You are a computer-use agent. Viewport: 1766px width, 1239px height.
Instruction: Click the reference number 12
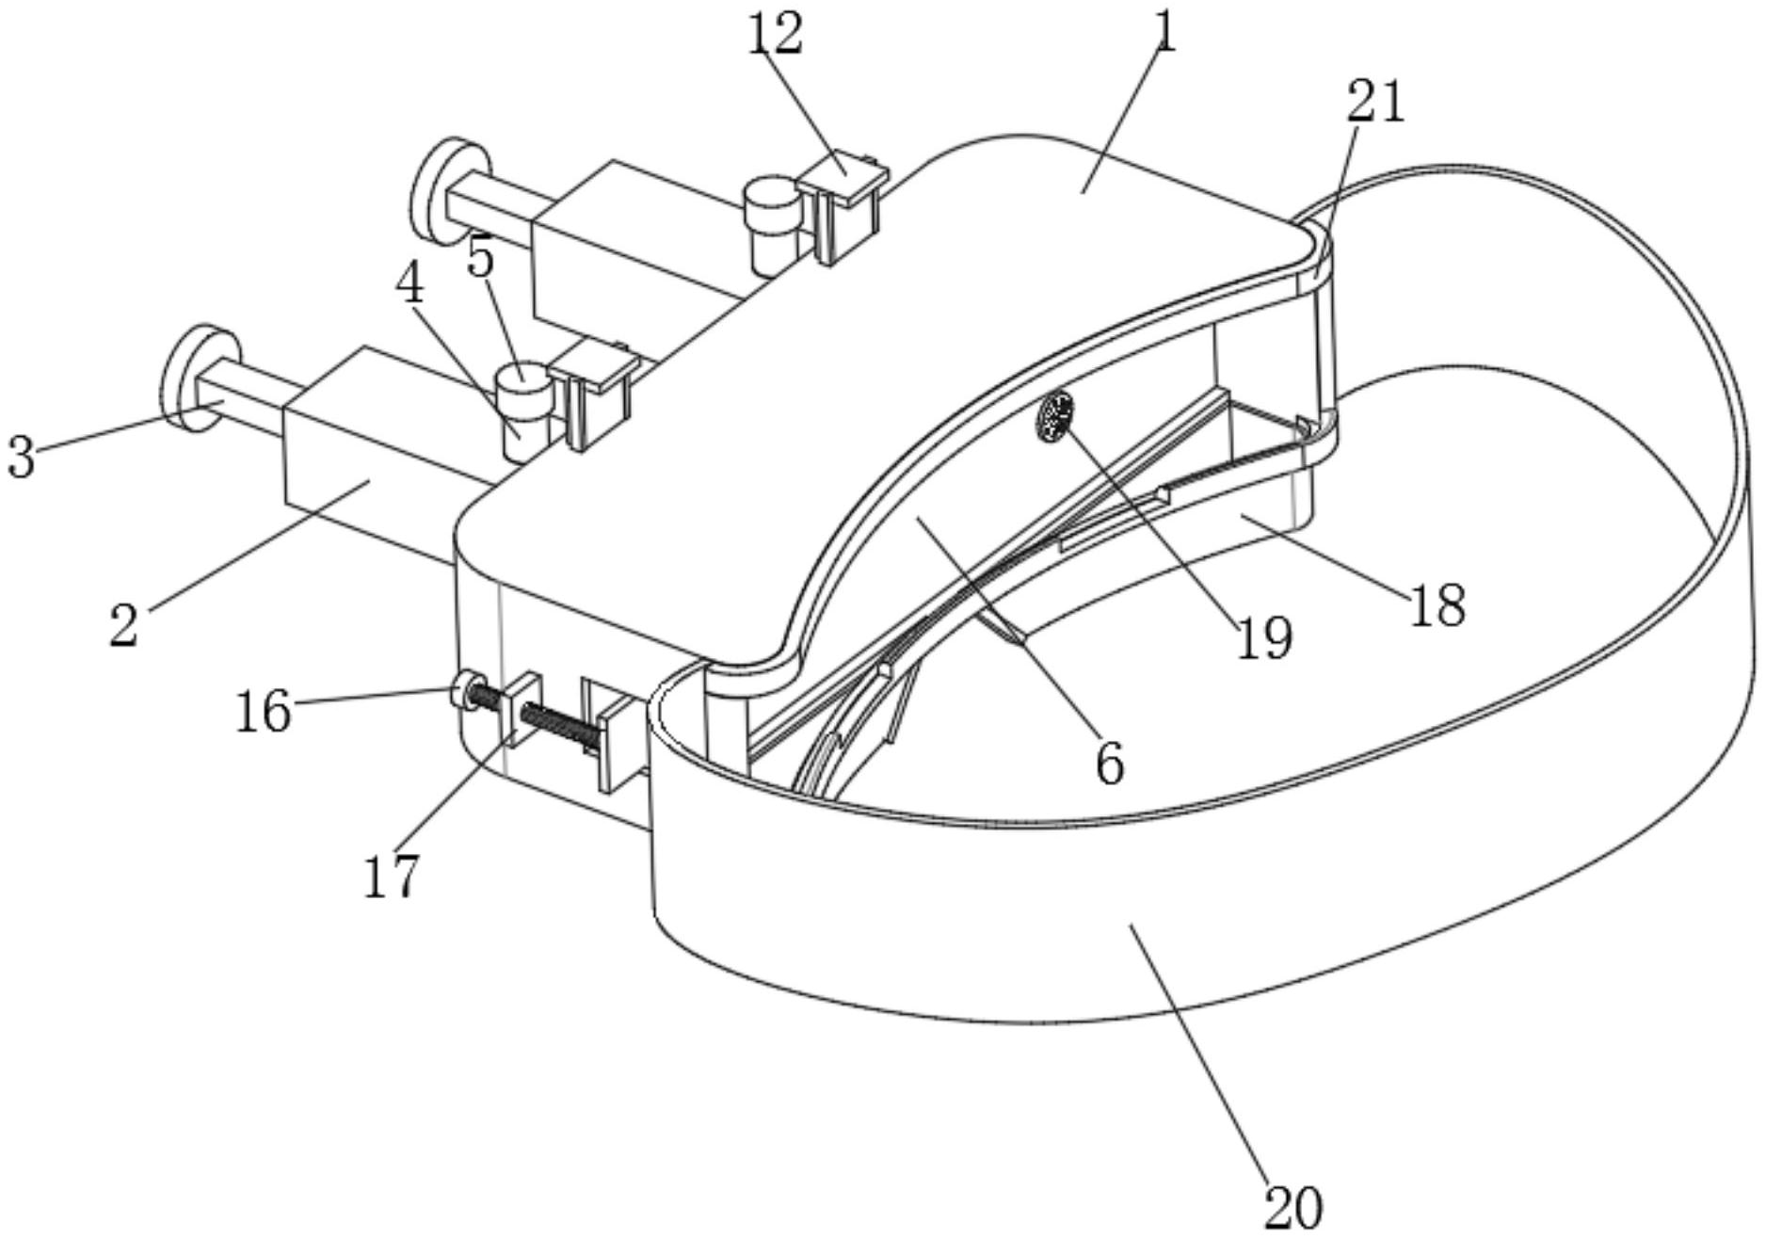click(x=776, y=35)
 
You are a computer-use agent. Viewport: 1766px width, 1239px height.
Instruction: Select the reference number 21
click(x=1375, y=102)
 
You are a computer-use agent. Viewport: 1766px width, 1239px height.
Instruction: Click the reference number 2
click(x=124, y=624)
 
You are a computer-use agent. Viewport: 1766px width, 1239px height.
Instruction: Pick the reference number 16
click(x=264, y=712)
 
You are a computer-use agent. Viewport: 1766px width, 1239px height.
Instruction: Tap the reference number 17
click(x=391, y=877)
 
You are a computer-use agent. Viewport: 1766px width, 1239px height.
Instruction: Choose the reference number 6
click(x=1110, y=763)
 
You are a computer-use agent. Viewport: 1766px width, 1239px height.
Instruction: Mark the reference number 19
click(x=1264, y=638)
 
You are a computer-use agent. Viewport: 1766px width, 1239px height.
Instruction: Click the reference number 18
click(x=1437, y=604)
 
